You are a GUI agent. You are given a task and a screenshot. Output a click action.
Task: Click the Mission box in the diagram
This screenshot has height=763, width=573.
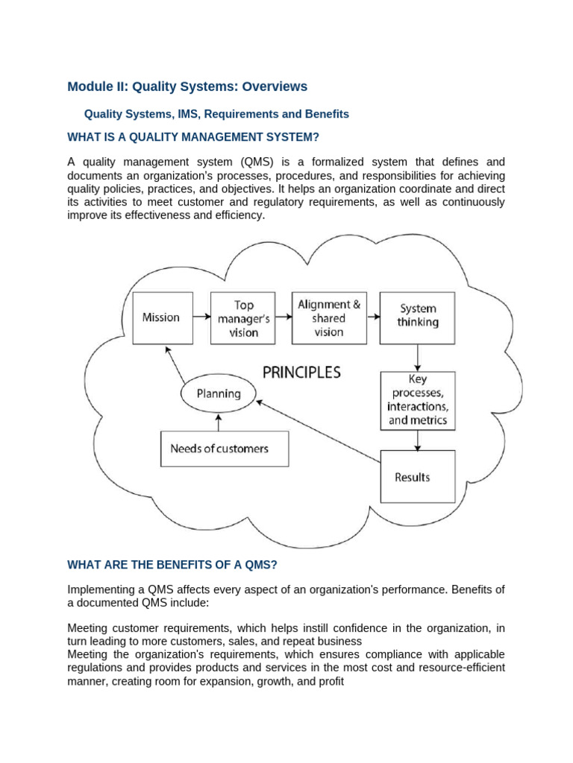click(162, 317)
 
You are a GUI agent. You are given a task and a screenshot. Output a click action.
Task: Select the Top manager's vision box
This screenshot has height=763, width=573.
click(245, 318)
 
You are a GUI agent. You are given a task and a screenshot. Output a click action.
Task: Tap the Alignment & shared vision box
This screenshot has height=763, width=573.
click(329, 318)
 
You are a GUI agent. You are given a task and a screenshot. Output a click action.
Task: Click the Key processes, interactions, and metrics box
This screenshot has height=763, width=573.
click(417, 400)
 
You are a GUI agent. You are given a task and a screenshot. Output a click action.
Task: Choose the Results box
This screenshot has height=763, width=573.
click(417, 477)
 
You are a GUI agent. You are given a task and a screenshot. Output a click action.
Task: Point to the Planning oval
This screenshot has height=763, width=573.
click(219, 393)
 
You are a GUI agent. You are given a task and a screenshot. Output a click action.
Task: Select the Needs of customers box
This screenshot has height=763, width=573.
click(224, 449)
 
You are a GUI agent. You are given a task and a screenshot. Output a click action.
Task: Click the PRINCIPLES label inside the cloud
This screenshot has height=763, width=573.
click(301, 372)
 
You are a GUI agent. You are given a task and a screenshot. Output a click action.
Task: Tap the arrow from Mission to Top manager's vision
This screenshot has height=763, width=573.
click(201, 317)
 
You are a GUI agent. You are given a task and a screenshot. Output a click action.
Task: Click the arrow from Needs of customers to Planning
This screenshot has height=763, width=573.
click(219, 421)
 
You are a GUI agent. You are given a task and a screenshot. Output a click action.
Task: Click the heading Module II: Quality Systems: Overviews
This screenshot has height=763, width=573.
click(187, 87)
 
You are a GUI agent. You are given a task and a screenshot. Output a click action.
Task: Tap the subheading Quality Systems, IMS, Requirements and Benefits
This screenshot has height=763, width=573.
click(216, 115)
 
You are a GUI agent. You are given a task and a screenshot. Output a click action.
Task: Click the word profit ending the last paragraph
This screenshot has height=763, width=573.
click(329, 681)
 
